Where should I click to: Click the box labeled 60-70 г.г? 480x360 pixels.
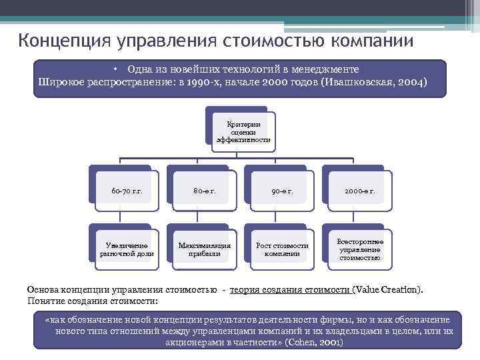127,191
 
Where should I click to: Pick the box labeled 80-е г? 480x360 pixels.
204,191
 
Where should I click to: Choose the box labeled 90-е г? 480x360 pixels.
282,191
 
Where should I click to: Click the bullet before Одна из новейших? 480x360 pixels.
115,69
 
